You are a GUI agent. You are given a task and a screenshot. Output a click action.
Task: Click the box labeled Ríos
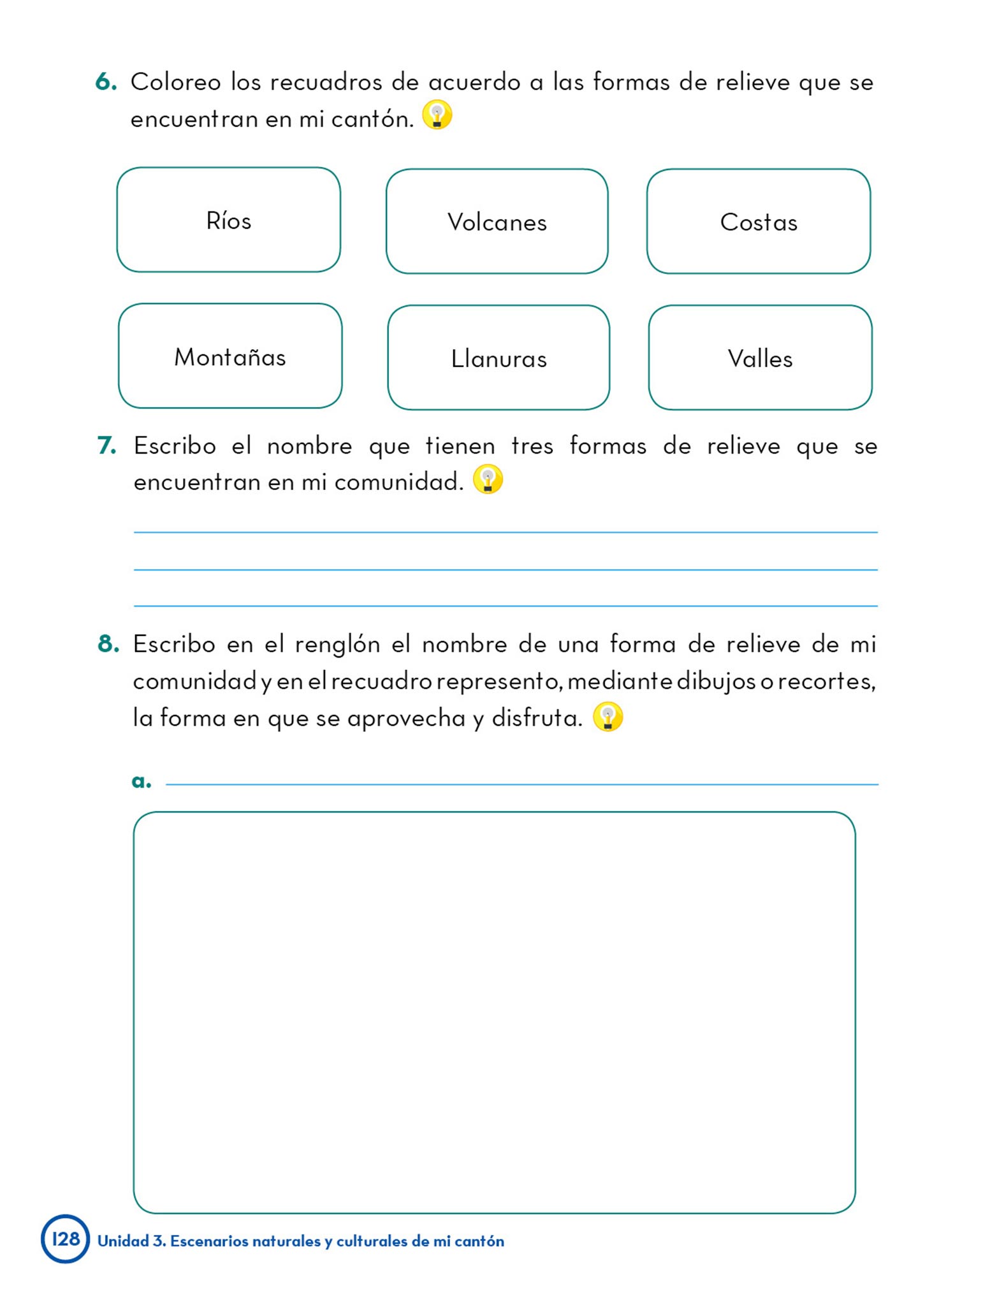[x=228, y=220]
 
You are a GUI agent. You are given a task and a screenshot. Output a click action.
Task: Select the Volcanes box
[x=497, y=221]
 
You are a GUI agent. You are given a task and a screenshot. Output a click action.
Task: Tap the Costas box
[x=758, y=221]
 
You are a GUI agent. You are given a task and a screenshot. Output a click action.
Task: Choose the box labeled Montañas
[x=229, y=356]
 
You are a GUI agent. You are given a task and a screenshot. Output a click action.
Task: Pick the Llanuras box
[x=498, y=357]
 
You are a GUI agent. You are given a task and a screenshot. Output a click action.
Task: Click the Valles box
[x=760, y=357]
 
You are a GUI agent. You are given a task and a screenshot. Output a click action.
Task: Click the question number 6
[x=106, y=82]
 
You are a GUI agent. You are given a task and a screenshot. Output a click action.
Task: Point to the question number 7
[x=106, y=445]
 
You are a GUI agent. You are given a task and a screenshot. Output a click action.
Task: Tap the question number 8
[x=108, y=644]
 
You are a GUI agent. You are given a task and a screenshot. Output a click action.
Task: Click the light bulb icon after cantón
[x=437, y=115]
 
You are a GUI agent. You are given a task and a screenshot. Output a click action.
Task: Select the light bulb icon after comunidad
[x=488, y=479]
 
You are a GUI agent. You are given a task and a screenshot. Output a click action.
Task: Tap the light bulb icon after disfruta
[x=608, y=717]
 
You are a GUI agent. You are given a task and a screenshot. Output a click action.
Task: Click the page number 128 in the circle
[x=66, y=1239]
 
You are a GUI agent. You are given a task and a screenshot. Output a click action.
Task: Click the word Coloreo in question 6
[x=176, y=82]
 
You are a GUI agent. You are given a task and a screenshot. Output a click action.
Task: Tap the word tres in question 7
[x=532, y=445]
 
